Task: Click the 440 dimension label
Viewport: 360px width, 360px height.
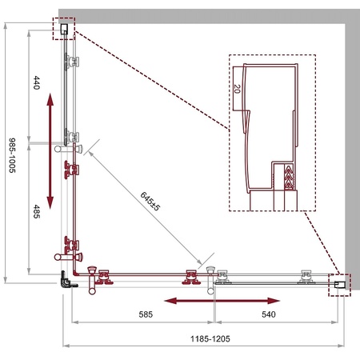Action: [37, 82]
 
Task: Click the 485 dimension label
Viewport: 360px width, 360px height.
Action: [37, 211]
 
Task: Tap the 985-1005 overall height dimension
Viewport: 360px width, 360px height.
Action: [12, 155]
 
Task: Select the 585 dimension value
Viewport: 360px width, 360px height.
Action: [146, 314]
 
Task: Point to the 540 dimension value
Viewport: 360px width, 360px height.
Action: [269, 314]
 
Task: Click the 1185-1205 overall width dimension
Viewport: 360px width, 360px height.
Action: [210, 339]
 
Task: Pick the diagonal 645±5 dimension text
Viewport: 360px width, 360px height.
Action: [150, 201]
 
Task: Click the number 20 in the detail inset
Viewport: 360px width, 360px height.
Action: [237, 89]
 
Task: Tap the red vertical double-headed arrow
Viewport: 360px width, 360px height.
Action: [50, 151]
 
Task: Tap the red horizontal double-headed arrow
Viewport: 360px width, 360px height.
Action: [222, 301]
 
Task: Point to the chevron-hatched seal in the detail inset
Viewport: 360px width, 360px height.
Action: [289, 177]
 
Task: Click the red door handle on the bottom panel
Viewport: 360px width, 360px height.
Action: [92, 280]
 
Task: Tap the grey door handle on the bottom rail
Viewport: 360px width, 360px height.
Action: [210, 280]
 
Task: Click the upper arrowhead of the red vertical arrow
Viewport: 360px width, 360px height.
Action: [50, 99]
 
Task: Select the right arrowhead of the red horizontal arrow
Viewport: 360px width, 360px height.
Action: [274, 301]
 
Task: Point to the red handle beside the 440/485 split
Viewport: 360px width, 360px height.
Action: [69, 148]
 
